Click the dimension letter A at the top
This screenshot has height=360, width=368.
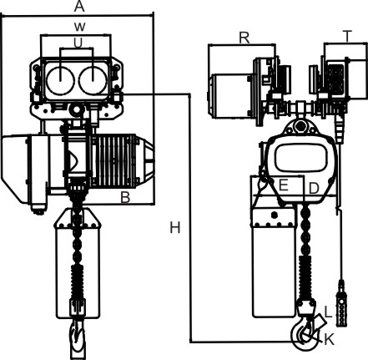pos(79,7)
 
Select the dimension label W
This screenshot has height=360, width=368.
pos(79,27)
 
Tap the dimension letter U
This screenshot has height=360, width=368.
pos(78,43)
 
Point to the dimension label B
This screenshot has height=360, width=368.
pos(125,197)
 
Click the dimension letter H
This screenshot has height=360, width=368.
pos(175,228)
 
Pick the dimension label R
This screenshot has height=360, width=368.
pos(244,38)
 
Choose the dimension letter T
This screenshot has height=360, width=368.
pos(347,37)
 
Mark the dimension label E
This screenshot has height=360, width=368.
pos(283,185)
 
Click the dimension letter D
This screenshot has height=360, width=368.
pos(314,189)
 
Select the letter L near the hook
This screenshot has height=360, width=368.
pos(328,312)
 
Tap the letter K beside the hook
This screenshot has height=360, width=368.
pos(329,340)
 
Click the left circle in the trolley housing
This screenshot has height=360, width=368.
pos(60,81)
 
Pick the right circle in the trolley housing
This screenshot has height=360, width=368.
pos(93,81)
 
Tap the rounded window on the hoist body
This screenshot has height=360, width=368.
pos(300,158)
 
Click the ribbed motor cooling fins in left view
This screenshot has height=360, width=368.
pos(114,160)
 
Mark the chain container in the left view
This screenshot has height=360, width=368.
pos(77,263)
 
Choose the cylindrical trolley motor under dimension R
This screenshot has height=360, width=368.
pos(231,96)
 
